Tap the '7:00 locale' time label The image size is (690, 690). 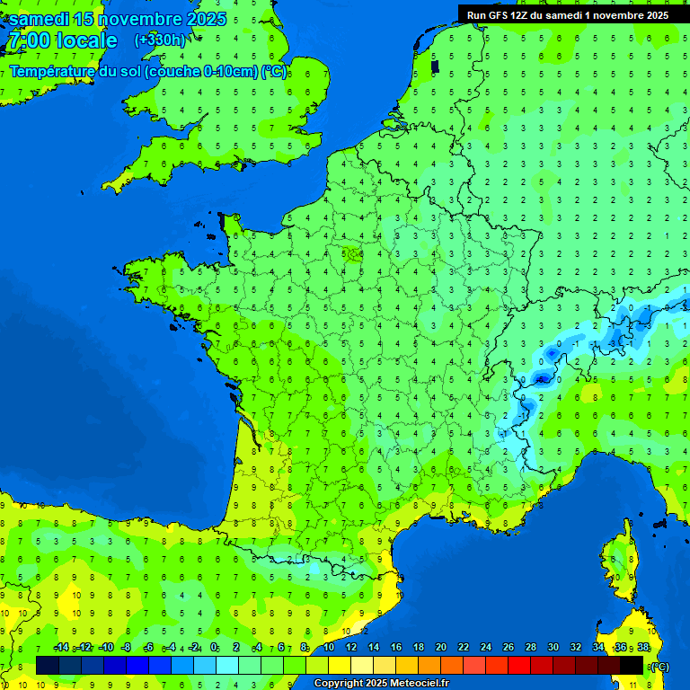(62, 40)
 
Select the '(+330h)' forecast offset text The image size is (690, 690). (160, 40)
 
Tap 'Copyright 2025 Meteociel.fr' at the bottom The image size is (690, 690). (381, 684)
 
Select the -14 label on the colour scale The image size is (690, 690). (61, 647)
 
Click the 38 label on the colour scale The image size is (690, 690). (643, 647)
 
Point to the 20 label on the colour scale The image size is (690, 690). (441, 647)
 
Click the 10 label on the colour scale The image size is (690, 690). (329, 647)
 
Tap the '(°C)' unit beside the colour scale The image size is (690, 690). (659, 666)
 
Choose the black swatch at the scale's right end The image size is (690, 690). (632, 665)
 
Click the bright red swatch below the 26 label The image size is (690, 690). (519, 665)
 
